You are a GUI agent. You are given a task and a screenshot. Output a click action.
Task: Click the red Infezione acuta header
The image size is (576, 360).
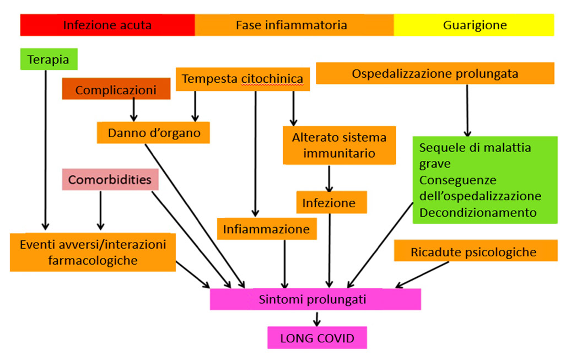click(107, 25)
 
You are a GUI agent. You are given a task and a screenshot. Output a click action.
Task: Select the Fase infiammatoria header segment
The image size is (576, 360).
click(294, 25)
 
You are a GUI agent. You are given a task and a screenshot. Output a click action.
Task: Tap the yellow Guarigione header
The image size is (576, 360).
click(474, 25)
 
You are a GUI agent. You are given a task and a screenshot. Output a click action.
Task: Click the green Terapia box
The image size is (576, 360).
click(49, 60)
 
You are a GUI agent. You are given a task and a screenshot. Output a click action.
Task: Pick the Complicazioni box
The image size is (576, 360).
click(116, 89)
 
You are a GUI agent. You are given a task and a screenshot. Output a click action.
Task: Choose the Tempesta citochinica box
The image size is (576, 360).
click(243, 79)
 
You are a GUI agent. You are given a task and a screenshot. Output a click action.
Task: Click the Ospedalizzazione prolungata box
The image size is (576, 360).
click(434, 73)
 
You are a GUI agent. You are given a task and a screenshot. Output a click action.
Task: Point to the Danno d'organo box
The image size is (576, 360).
click(153, 132)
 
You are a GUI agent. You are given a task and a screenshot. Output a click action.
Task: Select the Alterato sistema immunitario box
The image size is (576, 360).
click(339, 146)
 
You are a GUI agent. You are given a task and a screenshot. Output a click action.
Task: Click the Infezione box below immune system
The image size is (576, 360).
click(329, 202)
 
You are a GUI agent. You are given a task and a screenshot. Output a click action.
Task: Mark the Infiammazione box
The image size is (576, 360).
click(266, 229)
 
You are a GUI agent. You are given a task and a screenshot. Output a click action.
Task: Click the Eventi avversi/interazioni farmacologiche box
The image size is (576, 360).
click(92, 252)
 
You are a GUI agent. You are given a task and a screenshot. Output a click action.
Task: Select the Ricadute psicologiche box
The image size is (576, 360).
click(473, 252)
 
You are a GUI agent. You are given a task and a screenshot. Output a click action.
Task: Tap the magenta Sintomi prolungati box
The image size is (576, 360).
click(315, 299)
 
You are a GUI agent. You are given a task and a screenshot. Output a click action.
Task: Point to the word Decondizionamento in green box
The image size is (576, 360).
click(477, 212)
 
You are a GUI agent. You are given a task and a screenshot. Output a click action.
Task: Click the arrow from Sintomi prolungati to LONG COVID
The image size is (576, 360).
click(316, 318)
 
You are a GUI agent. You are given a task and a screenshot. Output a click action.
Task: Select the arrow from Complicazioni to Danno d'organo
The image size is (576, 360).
click(133, 110)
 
